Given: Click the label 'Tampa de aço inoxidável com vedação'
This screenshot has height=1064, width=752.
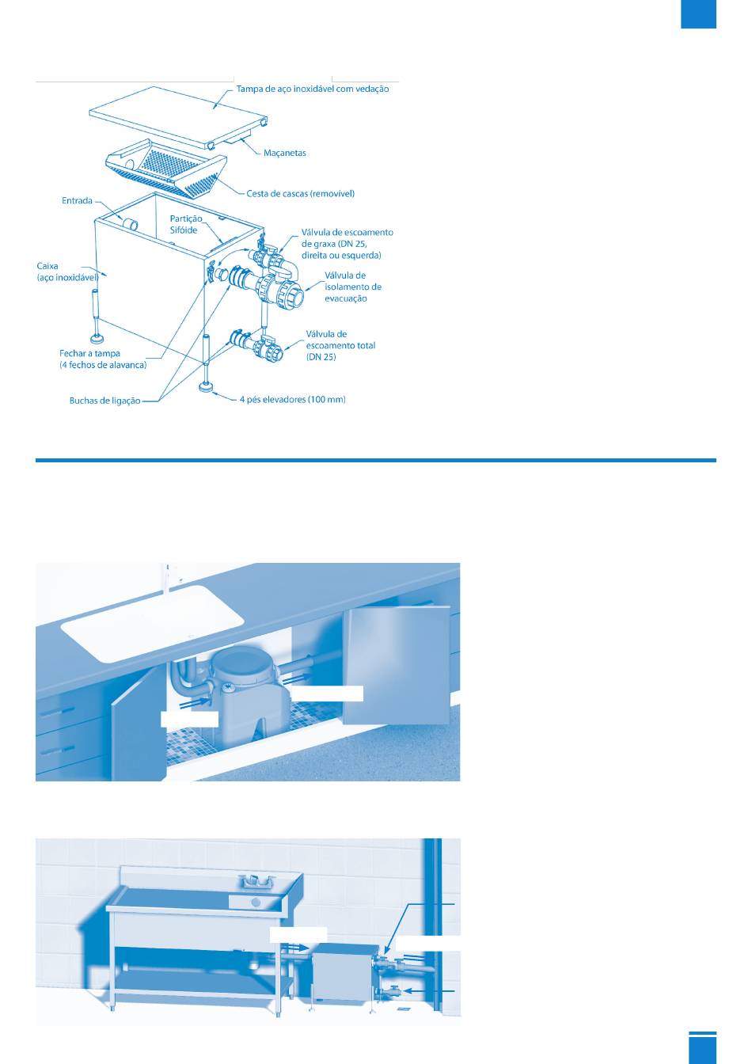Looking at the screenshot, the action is click(313, 89).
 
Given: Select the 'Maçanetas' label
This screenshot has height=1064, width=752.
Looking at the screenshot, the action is click(284, 153).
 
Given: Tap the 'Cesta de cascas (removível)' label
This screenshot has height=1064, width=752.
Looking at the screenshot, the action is click(300, 194).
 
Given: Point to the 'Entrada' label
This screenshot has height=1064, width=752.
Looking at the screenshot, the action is click(77, 200).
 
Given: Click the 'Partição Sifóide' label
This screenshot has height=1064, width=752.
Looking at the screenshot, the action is click(186, 224).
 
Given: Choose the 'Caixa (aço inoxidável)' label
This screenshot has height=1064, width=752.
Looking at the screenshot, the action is click(67, 272).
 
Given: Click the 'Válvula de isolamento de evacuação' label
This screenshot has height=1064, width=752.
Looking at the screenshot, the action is click(353, 287).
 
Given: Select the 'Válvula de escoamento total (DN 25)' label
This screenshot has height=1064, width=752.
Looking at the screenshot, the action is click(340, 345).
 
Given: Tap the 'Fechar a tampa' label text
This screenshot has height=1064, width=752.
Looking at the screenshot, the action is click(89, 353).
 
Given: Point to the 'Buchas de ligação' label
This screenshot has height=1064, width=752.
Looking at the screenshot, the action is click(104, 401).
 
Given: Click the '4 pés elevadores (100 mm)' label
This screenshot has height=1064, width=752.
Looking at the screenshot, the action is click(292, 400).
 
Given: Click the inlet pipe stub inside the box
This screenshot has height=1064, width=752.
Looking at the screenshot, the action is click(129, 224).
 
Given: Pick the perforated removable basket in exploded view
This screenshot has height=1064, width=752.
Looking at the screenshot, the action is click(165, 168).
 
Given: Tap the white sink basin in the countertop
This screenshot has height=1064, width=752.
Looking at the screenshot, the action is click(153, 623).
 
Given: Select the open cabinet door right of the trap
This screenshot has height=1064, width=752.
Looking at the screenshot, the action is click(397, 665).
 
